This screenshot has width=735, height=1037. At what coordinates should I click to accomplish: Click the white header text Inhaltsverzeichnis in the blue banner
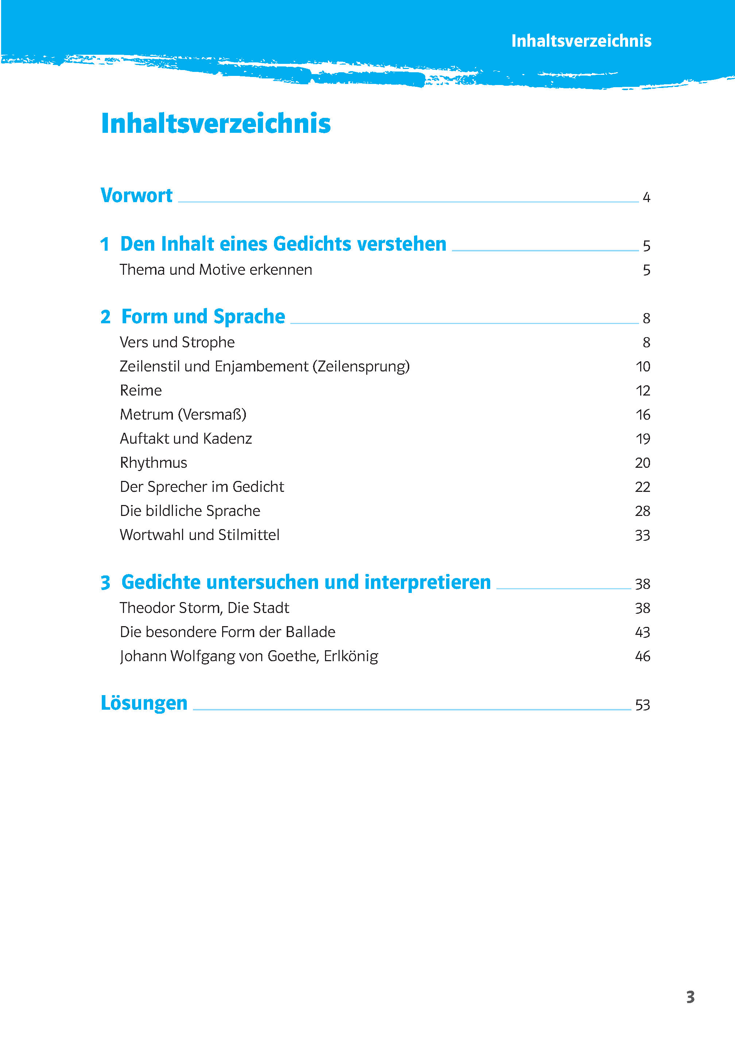(x=581, y=41)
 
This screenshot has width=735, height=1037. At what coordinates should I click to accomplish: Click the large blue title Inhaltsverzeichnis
(x=216, y=124)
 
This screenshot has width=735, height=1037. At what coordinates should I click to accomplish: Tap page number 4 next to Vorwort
(x=646, y=197)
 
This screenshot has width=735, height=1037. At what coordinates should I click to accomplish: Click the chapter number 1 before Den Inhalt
(x=105, y=244)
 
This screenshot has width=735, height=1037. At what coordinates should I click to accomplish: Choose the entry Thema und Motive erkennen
(x=216, y=270)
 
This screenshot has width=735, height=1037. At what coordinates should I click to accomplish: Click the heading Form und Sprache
(x=203, y=316)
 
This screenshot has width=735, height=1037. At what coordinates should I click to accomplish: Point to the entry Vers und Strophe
(x=177, y=342)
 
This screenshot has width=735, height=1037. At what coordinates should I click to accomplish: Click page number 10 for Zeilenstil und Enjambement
(x=643, y=367)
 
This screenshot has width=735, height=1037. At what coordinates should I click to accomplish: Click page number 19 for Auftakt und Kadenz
(x=643, y=439)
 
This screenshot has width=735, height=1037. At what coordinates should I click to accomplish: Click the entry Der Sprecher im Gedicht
(x=201, y=487)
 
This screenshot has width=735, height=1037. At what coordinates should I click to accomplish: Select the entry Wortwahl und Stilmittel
(x=199, y=535)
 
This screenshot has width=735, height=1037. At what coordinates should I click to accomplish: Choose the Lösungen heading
(x=144, y=703)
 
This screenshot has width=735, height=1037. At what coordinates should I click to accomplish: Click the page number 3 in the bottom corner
(x=690, y=997)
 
